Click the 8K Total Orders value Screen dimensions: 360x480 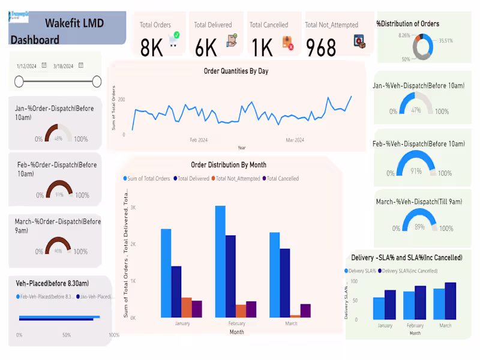click(151, 47)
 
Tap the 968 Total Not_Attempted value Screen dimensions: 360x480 click(321, 47)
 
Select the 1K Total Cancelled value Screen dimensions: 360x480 click(262, 47)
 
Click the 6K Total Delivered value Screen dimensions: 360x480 click(206, 47)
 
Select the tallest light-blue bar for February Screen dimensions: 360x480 click(220, 262)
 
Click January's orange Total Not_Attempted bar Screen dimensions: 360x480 click(186, 307)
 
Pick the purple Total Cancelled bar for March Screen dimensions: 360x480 click(305, 310)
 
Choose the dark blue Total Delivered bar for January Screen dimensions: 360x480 click(176, 292)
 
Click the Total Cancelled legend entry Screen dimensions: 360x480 click(283, 178)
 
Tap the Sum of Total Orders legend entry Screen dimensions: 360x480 click(149, 178)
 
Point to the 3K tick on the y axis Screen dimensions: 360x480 click(133, 208)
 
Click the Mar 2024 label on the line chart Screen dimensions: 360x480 click(295, 140)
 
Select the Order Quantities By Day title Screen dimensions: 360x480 click(236, 71)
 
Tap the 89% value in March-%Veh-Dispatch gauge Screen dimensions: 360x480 click(420, 226)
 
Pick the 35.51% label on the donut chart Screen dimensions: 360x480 click(446, 41)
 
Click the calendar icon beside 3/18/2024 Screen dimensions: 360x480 click(81, 65)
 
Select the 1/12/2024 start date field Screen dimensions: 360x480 click(28, 66)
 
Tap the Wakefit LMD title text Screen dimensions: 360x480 click(74, 23)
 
